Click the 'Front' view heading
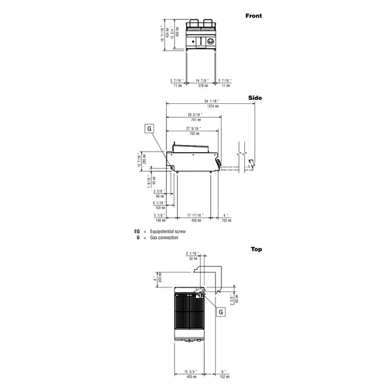pos(253,14)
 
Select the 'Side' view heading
pos(255,98)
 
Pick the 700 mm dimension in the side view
pos(194,134)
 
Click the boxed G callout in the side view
pos(149,129)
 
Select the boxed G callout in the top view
pos(221,312)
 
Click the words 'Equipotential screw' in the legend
pos(168,232)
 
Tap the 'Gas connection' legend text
pos(163,238)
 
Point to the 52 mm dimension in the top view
pos(192,258)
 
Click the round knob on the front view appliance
pos(212,43)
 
